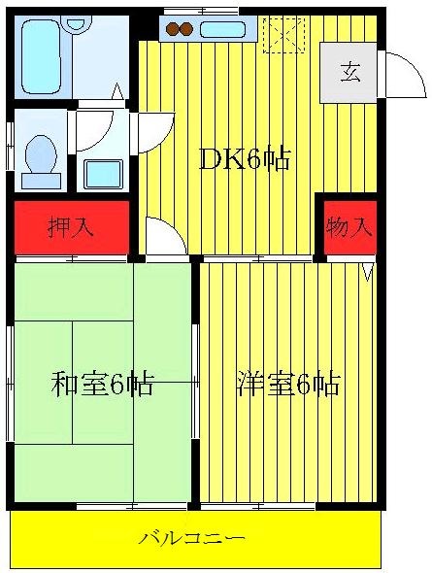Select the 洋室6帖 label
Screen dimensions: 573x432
[287, 385]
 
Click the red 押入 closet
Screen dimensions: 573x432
[72, 228]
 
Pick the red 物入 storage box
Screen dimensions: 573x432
[349, 228]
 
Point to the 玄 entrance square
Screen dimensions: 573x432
[349, 73]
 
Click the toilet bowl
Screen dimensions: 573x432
[41, 155]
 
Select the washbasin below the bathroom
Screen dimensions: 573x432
[102, 173]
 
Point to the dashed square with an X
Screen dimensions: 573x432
[283, 34]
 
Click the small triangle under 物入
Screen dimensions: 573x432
[368, 271]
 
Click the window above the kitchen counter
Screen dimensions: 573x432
[201, 11]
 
